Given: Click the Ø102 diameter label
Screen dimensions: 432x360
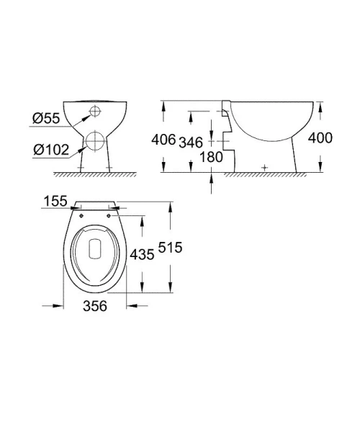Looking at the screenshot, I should [x=50, y=150].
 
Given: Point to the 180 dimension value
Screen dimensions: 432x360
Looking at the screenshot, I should [x=211, y=156].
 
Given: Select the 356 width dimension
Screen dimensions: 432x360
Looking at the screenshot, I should [x=95, y=307].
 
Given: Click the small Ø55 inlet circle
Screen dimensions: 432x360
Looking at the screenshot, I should [x=94, y=111].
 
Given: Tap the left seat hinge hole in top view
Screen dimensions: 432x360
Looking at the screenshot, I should [x=81, y=212].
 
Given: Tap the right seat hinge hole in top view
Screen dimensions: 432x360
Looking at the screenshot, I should [x=109, y=212].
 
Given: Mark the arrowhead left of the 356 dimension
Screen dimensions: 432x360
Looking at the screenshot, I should [x=58, y=306].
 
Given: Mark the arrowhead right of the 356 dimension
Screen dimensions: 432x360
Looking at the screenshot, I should [x=132, y=306].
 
